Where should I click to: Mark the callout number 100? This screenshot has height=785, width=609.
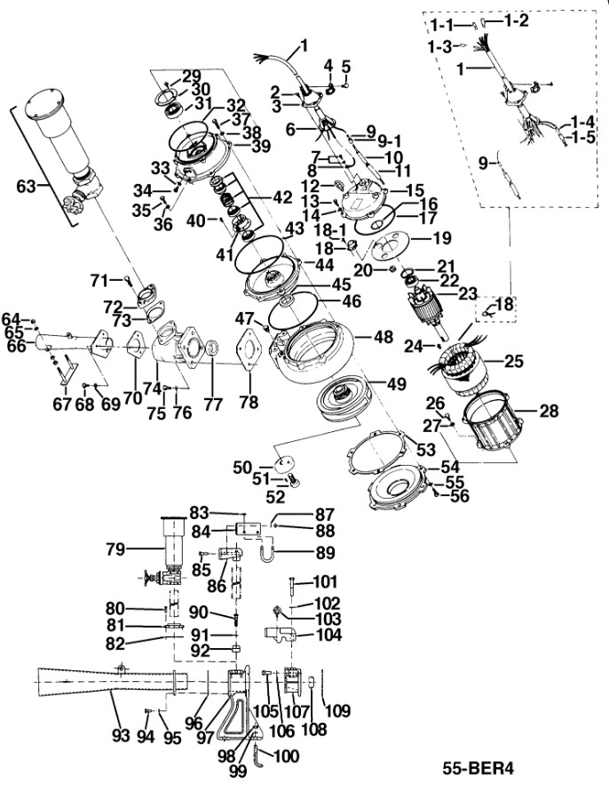(x=287, y=757)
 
